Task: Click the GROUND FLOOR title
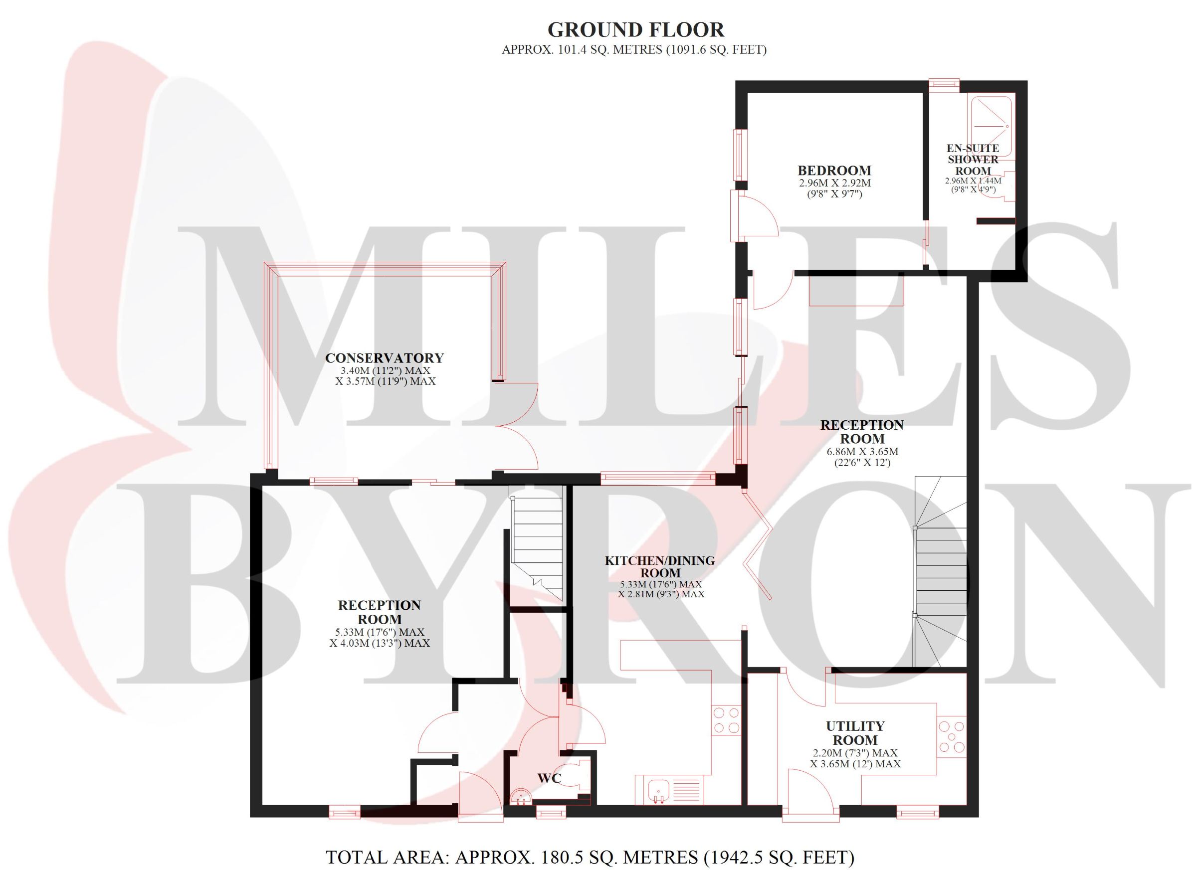tap(635, 30)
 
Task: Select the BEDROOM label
tap(834, 171)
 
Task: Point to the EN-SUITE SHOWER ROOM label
tap(973, 160)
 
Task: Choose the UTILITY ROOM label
tap(855, 733)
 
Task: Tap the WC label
tap(549, 778)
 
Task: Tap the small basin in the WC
tap(522, 796)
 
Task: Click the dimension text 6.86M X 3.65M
tap(862, 452)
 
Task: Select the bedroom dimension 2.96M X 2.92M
tap(834, 183)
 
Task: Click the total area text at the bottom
tap(590, 857)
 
